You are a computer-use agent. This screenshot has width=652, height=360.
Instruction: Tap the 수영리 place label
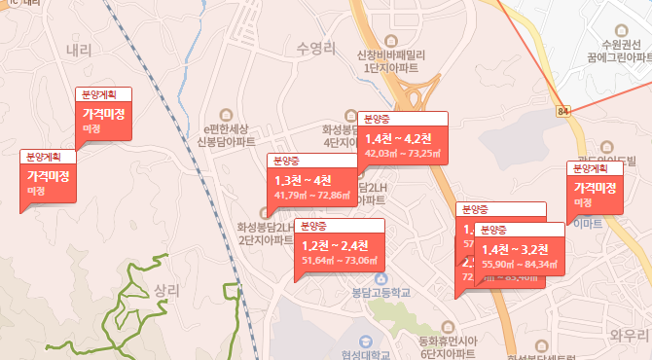(x=317, y=48)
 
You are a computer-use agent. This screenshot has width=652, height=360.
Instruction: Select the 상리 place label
(x=167, y=290)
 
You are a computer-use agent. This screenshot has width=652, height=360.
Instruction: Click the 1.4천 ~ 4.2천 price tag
(x=400, y=137)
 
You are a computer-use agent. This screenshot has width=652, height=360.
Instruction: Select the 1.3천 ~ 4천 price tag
(x=304, y=180)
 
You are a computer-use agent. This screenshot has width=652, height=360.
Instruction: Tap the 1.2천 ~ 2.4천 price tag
(x=335, y=245)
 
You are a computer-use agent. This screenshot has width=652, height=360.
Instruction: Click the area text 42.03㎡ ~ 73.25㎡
(x=403, y=153)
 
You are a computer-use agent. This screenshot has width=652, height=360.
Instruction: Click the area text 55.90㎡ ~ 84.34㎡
(x=520, y=264)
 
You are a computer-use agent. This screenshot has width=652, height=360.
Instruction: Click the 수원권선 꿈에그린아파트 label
(x=621, y=53)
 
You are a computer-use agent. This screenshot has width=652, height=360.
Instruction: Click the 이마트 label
(x=588, y=224)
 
